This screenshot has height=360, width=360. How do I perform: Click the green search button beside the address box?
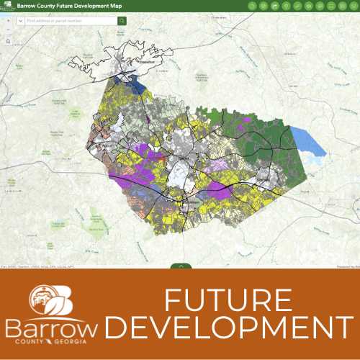pyautogui.click(x=122, y=21)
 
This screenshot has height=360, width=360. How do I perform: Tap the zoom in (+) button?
pyautogui.click(x=7, y=21)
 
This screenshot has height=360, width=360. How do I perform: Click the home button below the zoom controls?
pyautogui.click(x=7, y=42)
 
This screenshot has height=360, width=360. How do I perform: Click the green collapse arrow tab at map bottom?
pyautogui.click(x=181, y=266)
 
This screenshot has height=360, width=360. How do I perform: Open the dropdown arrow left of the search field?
pyautogui.click(x=20, y=21)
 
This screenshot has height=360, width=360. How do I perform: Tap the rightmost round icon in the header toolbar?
pyautogui.click(x=353, y=6)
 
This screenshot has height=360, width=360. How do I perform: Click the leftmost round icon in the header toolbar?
pyautogui.click(x=252, y=6)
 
